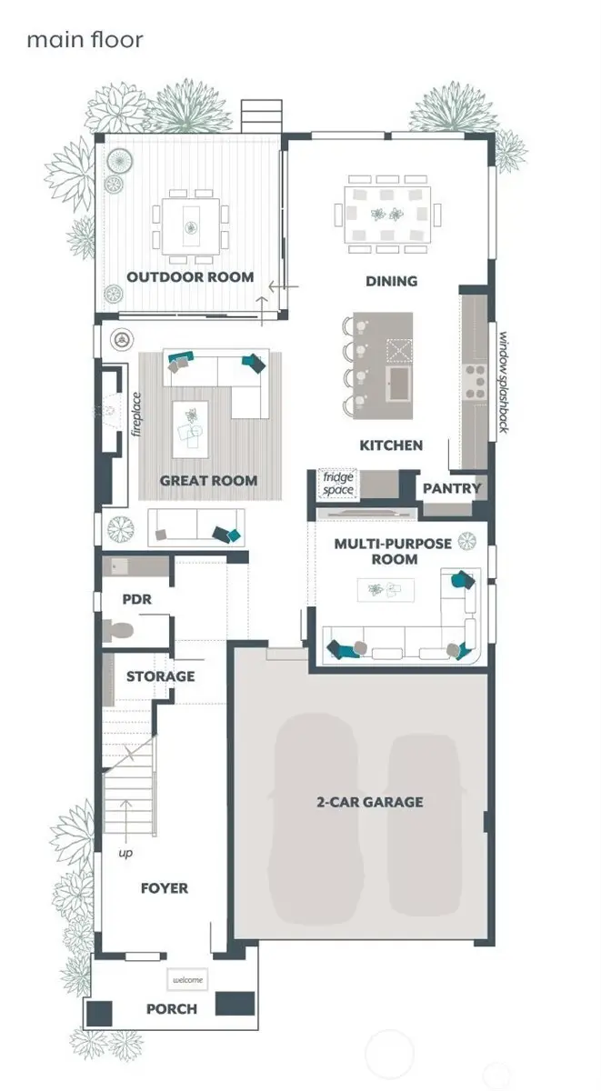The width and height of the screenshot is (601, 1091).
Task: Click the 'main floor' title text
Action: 85,40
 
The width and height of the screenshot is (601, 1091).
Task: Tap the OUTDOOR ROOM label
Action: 190,277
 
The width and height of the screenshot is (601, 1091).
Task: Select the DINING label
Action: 392,281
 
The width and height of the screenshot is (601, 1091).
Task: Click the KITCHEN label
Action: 391,445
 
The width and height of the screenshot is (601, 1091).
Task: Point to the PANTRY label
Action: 451,488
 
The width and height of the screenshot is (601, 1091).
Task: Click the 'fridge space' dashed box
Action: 338,484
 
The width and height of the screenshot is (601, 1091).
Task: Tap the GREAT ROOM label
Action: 208,480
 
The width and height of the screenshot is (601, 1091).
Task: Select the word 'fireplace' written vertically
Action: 136,415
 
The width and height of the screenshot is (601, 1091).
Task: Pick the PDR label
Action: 136,600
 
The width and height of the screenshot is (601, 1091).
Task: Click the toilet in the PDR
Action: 120,629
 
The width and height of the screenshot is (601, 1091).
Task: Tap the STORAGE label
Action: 160,676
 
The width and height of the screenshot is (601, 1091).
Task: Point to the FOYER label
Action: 164,887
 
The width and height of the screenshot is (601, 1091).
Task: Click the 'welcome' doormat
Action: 187,980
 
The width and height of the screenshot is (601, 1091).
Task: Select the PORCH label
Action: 172,1009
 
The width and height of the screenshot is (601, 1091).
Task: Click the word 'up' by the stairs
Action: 125,854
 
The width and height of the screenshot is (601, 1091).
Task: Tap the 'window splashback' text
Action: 501,382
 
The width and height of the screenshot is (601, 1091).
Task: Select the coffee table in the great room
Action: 191,425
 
